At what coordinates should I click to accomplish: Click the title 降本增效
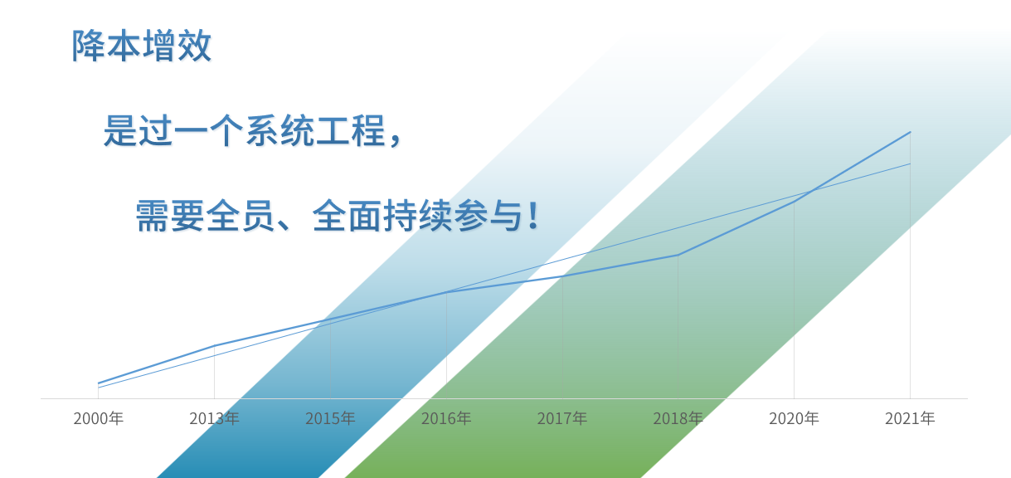(142, 46)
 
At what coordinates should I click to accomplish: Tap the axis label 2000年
(99, 418)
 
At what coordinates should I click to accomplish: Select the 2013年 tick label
(214, 418)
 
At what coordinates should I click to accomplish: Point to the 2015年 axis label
(330, 418)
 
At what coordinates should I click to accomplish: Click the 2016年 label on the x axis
(446, 418)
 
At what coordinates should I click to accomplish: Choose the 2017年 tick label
(562, 418)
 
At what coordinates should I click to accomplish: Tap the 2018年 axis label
(678, 418)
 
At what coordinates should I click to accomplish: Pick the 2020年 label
(794, 418)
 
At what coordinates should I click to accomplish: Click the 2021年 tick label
(910, 418)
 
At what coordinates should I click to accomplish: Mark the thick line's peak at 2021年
(910, 132)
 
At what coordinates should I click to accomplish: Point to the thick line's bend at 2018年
(678, 255)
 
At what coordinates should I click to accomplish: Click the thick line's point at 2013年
(214, 345)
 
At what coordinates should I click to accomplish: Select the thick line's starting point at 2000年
(99, 383)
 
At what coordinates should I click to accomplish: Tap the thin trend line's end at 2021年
(910, 163)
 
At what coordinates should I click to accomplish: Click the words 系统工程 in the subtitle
(315, 130)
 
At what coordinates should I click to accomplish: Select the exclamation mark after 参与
(533, 216)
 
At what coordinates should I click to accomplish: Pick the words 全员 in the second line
(241, 216)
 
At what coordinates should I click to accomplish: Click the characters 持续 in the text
(417, 216)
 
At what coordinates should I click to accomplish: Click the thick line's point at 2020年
(794, 202)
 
